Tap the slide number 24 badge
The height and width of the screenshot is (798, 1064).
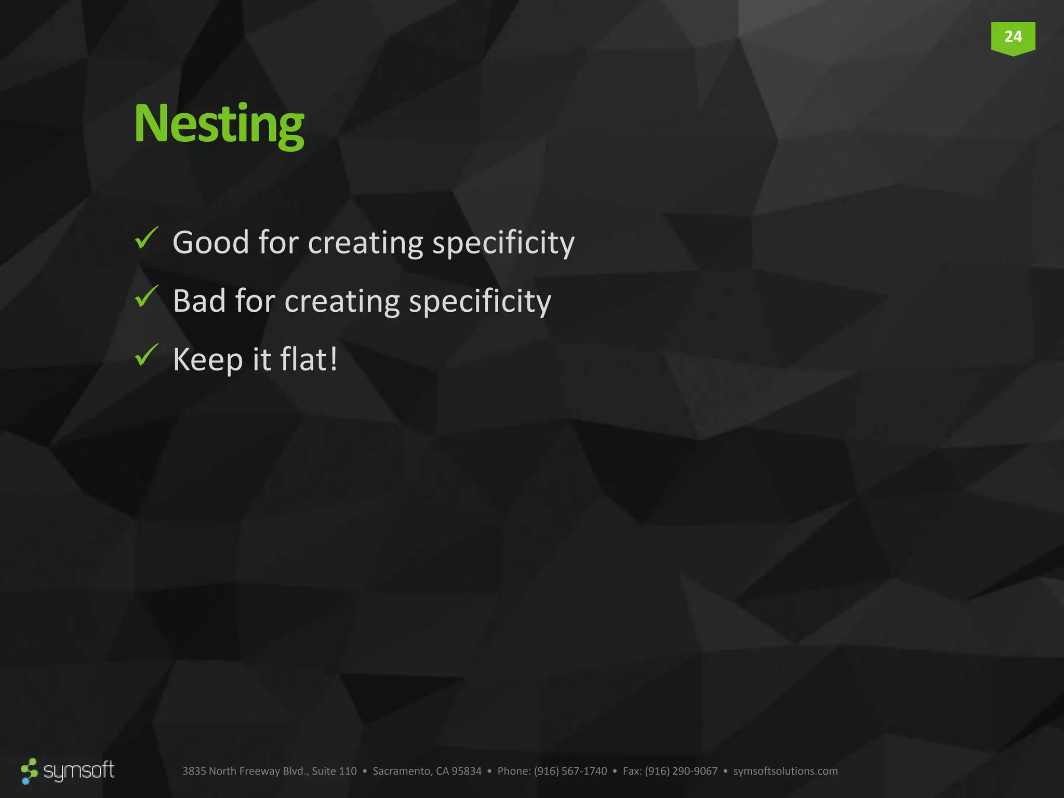(1013, 37)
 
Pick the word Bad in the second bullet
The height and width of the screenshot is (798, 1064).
(199, 301)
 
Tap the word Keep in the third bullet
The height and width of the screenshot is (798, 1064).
(208, 360)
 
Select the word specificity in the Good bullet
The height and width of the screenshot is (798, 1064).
(503, 243)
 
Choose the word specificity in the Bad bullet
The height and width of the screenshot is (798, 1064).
(480, 302)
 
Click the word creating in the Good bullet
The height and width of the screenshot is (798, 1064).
(365, 243)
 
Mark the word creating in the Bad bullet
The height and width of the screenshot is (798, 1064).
(342, 302)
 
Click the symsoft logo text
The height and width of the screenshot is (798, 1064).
(78, 770)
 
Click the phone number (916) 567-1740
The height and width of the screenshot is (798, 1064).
(570, 771)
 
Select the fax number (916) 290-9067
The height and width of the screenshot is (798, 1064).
(681, 771)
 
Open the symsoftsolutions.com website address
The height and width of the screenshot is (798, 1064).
(785, 771)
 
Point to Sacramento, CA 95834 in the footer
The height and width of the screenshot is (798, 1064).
(427, 771)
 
